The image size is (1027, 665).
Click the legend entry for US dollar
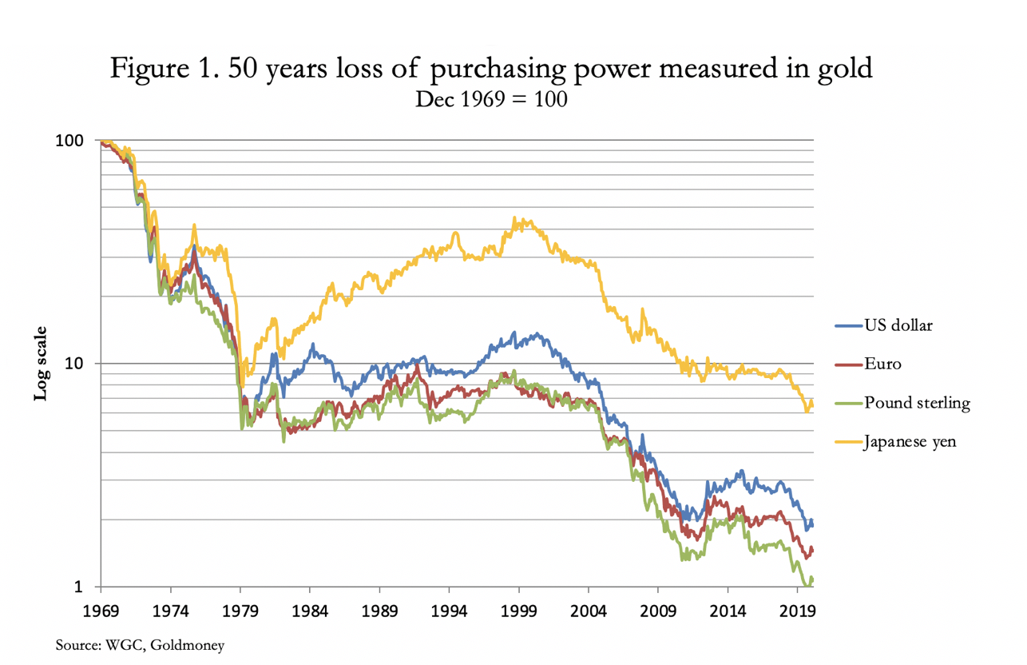[x=883, y=325]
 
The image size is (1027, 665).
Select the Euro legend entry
[x=868, y=364]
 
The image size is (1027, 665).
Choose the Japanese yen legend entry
[x=895, y=442]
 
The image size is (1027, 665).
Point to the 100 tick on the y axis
[x=69, y=141]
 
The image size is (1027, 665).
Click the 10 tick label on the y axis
[x=74, y=364]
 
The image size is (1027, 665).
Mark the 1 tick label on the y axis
[x=78, y=587]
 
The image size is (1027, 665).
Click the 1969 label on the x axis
[x=101, y=611]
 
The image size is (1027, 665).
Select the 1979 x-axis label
[x=240, y=611]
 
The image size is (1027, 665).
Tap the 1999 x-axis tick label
[x=519, y=611]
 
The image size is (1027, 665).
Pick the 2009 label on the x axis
[x=658, y=611]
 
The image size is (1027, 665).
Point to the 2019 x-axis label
[x=798, y=611]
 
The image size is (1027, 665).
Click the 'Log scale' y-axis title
[x=41, y=364]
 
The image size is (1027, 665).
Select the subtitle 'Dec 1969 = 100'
[x=491, y=99]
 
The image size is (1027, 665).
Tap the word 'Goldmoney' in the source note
[x=187, y=645]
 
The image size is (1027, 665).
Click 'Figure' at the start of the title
[x=149, y=69]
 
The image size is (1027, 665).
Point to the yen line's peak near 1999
[x=514, y=217]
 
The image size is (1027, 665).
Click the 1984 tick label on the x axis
[x=310, y=611]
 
